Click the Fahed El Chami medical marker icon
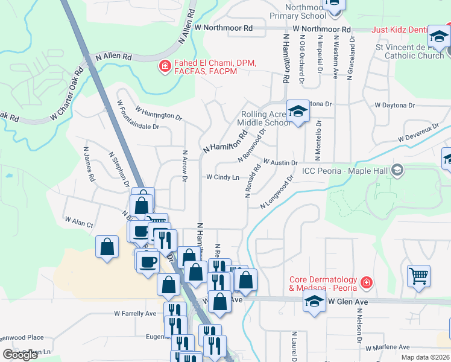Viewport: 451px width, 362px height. pos(164,66)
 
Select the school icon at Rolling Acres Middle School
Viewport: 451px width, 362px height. pos(298,111)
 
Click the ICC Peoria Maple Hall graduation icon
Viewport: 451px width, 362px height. pos(397,171)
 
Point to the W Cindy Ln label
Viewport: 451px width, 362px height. pos(222,177)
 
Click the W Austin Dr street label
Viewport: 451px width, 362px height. pos(280,163)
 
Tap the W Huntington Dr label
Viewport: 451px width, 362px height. pos(159,112)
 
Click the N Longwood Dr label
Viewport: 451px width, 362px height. pos(277,192)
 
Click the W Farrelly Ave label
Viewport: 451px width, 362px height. pos(135,314)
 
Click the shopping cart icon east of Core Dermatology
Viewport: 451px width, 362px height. pos(418,276)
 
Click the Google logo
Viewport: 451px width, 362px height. pos(20,355)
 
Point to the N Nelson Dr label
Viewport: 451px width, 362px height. pos(359,326)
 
